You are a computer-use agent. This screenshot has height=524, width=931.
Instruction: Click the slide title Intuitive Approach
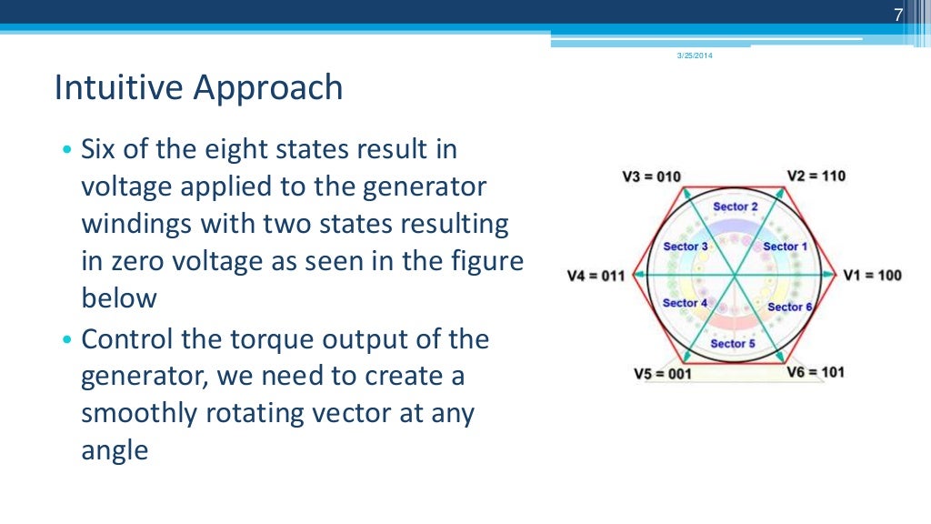click(x=198, y=88)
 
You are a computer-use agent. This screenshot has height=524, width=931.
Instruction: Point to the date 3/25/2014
click(x=695, y=57)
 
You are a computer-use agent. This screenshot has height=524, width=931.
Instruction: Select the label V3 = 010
click(x=651, y=176)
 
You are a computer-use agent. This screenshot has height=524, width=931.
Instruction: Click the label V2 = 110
click(x=816, y=176)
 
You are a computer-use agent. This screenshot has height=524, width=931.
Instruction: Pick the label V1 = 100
click(x=872, y=275)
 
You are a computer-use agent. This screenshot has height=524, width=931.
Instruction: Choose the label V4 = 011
click(x=596, y=276)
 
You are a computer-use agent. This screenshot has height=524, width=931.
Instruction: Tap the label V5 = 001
click(x=662, y=373)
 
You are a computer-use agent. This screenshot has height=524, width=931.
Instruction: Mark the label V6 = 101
click(x=816, y=372)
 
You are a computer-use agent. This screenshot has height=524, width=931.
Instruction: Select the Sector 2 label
click(x=736, y=207)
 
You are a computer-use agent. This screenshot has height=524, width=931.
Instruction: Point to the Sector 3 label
click(x=686, y=247)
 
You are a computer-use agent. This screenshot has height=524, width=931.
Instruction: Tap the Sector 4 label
click(x=686, y=303)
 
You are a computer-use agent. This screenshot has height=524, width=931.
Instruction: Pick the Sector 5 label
click(x=733, y=343)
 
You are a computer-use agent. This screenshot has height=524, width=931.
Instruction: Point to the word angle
click(x=114, y=449)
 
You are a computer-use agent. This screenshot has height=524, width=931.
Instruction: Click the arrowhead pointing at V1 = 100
click(x=833, y=275)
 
